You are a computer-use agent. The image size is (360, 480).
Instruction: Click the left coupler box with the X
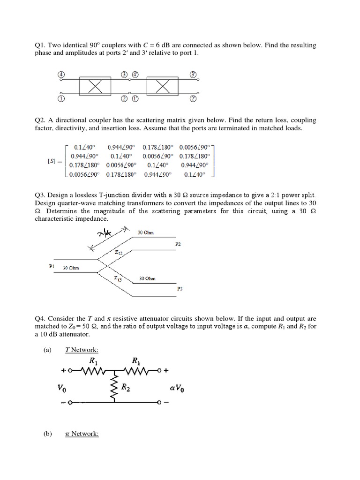(96, 86)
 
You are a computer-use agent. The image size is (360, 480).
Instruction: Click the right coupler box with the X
(162, 86)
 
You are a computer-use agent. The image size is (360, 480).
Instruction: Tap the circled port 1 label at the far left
(61, 99)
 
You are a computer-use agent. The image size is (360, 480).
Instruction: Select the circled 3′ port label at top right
(193, 75)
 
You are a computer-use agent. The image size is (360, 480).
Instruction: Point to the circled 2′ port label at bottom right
(193, 99)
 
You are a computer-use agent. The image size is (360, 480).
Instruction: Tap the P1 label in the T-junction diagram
(52, 266)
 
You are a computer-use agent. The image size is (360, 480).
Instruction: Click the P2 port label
(178, 244)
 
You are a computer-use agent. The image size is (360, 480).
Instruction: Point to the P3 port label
(180, 289)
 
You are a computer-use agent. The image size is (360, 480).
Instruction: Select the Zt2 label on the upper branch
(119, 252)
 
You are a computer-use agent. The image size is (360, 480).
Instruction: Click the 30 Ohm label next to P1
(71, 268)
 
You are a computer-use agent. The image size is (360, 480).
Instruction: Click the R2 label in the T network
(126, 387)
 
